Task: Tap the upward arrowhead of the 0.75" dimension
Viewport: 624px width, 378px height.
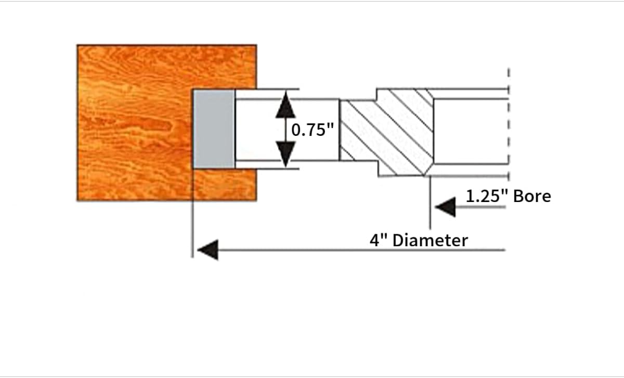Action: (285, 107)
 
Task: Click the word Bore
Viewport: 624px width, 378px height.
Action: (532, 196)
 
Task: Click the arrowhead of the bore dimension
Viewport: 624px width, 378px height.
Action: (445, 208)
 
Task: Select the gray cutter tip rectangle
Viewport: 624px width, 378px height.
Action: (213, 129)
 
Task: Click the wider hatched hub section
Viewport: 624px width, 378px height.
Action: (404, 132)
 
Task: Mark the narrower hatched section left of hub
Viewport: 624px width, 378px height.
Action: (357, 130)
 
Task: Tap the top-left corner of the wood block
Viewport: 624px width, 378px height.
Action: (77, 45)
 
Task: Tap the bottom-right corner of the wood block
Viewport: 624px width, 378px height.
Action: (256, 200)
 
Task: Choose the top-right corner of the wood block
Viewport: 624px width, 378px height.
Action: (256, 45)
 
